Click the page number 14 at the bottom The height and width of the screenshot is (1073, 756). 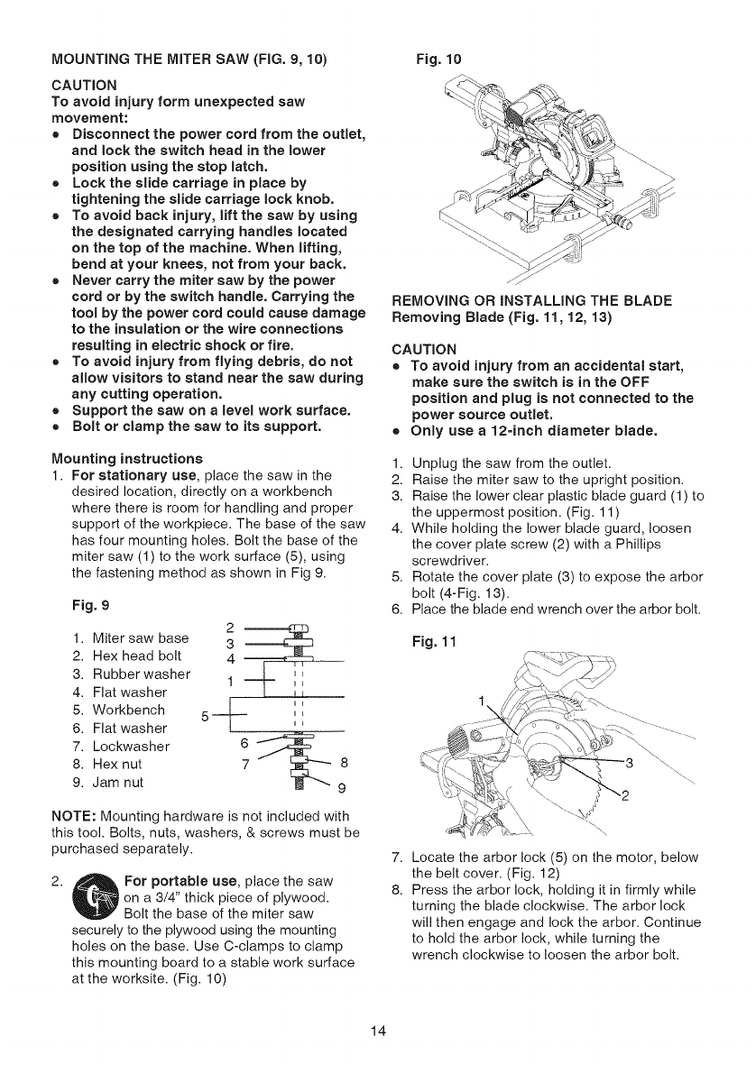point(377,1032)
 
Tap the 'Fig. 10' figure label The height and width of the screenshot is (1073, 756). point(435,60)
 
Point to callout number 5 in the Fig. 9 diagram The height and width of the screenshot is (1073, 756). point(206,717)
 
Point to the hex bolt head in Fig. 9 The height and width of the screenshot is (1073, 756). point(296,628)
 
